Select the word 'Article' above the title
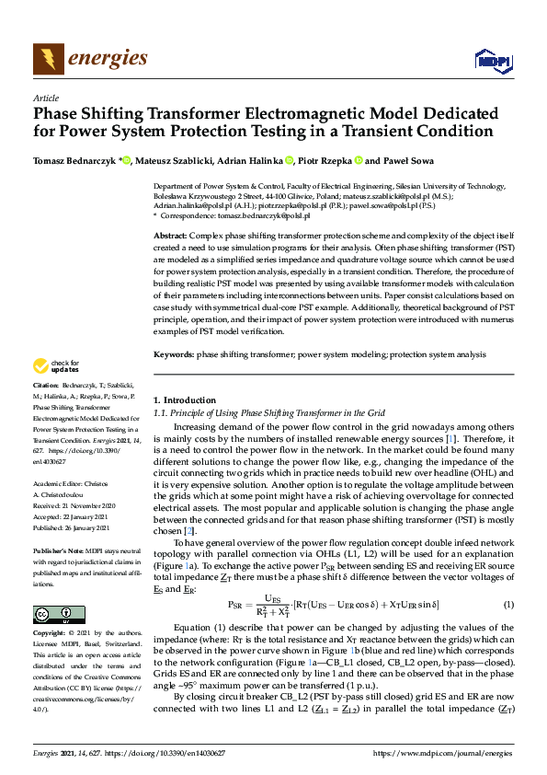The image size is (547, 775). point(45,97)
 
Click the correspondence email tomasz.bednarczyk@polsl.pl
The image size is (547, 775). point(263,215)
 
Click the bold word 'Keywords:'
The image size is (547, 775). point(174,354)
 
